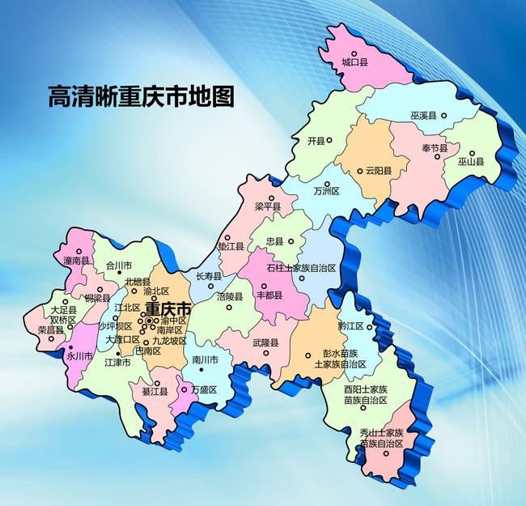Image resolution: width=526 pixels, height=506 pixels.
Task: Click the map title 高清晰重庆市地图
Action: [x=141, y=97]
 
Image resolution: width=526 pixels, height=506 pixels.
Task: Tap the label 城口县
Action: [x=354, y=62]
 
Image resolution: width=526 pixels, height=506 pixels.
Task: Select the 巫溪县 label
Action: [x=422, y=117]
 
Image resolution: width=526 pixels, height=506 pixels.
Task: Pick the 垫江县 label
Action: [x=231, y=245]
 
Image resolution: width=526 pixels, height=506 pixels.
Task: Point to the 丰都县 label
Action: [x=269, y=295]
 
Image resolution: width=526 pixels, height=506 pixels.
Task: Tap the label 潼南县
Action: [x=75, y=261]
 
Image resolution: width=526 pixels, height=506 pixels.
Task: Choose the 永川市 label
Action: [x=81, y=355]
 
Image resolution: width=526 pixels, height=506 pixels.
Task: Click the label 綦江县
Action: [x=155, y=392]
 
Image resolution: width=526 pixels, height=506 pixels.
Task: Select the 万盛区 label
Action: [x=203, y=389]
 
